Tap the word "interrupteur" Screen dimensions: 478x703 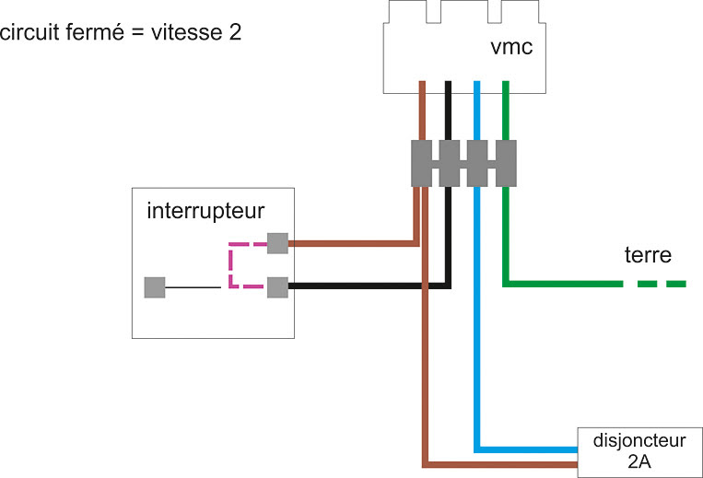point(205,211)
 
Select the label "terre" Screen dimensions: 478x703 point(647,254)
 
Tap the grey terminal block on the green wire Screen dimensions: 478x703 point(506,164)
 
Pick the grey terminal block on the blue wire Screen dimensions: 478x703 point(477,164)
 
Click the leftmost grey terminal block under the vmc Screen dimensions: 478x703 point(421,164)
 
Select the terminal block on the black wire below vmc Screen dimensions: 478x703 point(449,164)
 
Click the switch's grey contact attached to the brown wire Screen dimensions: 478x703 point(277,243)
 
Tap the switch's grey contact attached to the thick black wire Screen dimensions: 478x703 point(277,287)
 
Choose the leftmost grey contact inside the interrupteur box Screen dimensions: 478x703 point(154,287)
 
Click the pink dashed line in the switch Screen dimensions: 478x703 point(231,265)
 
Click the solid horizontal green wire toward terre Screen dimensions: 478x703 point(562,284)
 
